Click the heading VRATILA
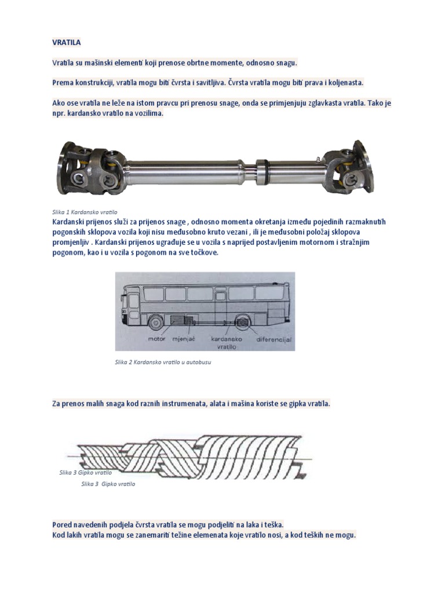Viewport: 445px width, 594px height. point(66,42)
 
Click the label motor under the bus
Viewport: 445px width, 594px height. point(156,338)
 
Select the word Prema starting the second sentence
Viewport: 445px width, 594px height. point(63,82)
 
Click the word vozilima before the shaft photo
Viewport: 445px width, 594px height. point(147,113)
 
